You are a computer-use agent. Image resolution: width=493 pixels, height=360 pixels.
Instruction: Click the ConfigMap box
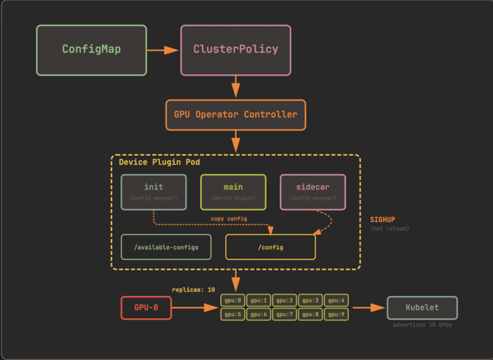[91, 50]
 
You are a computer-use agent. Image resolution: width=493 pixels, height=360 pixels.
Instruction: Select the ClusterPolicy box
[235, 50]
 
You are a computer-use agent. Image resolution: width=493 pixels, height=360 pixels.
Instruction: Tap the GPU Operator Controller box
[235, 114]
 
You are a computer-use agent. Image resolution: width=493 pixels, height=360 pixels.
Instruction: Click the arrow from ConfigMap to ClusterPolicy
[163, 50]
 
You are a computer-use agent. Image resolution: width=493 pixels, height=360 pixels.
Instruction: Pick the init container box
[153, 192]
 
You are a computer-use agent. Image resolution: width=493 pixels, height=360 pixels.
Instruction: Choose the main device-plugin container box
[233, 192]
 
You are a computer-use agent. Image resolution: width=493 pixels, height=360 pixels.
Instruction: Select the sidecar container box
[312, 192]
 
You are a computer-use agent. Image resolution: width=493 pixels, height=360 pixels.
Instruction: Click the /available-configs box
[166, 247]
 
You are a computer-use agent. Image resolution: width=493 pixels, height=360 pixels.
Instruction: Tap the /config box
[270, 247]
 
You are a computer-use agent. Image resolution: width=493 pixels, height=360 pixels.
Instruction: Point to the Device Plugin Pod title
[159, 162]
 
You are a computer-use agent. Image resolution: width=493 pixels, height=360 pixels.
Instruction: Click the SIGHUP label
[382, 220]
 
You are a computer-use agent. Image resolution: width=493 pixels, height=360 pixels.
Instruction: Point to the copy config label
[229, 219]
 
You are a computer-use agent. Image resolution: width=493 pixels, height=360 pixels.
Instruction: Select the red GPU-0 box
[146, 307]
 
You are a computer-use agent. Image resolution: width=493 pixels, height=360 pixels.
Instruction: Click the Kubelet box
[422, 307]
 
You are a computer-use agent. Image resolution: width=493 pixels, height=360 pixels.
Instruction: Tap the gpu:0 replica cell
[232, 300]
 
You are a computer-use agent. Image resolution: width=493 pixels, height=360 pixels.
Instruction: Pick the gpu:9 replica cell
[336, 315]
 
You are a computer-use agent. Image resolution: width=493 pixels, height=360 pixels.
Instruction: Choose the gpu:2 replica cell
[284, 300]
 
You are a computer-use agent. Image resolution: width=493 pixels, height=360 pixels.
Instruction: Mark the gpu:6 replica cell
[258, 315]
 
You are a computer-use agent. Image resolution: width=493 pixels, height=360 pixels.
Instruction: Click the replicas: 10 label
[193, 289]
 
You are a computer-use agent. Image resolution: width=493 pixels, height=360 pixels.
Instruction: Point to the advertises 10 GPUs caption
[422, 325]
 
